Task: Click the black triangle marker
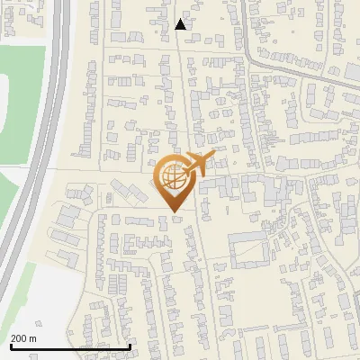pyautogui.click(x=181, y=24)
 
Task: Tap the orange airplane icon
pyautogui.click(x=199, y=165)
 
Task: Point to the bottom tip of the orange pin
pyautogui.click(x=175, y=211)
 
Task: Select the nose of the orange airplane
pyautogui.click(x=214, y=155)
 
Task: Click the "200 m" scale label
pyautogui.click(x=23, y=338)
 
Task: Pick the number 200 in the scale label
pyautogui.click(x=19, y=338)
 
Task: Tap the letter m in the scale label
pyautogui.click(x=32, y=338)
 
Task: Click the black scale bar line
pyautogui.click(x=70, y=346)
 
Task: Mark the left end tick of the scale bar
pyautogui.click(x=11, y=345)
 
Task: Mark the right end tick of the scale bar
pyautogui.click(x=130, y=345)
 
